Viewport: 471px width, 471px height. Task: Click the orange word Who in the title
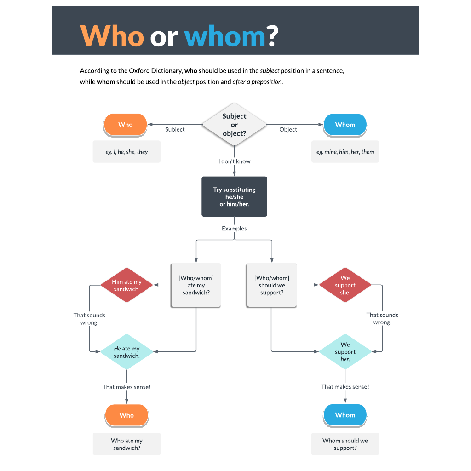(112, 36)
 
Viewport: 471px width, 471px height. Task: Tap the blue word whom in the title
(225, 36)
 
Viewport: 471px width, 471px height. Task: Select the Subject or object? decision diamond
(234, 125)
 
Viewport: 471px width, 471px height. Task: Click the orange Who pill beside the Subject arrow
(125, 125)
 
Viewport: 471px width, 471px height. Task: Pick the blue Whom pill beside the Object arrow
(345, 125)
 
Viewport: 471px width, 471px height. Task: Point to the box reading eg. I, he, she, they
(126, 152)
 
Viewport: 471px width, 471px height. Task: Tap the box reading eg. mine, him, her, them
(345, 152)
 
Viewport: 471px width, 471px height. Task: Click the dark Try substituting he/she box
(234, 196)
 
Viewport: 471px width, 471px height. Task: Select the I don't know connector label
(234, 161)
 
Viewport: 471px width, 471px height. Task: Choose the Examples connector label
(234, 228)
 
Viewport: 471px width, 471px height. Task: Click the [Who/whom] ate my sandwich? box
(196, 285)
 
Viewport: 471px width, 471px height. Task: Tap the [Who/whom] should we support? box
(271, 285)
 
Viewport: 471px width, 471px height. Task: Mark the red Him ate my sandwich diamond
(127, 285)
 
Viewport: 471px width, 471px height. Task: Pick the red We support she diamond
(345, 285)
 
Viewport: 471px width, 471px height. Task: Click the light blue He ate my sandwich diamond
(127, 352)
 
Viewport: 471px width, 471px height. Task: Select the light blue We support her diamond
(345, 351)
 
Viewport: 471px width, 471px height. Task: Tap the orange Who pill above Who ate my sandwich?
(127, 415)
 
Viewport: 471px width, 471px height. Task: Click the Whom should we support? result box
(345, 444)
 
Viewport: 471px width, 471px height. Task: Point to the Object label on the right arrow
(288, 129)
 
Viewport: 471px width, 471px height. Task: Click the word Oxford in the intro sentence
(139, 70)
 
